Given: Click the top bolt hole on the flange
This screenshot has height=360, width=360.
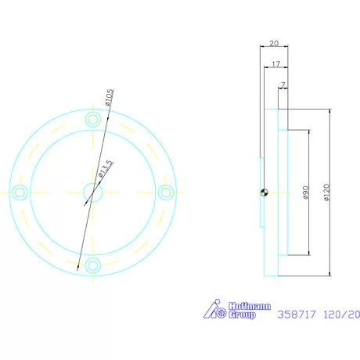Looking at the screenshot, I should point(94,119).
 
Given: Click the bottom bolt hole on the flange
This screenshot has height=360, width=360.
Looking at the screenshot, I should point(94,265).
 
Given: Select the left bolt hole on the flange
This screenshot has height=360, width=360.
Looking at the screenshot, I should point(21,192).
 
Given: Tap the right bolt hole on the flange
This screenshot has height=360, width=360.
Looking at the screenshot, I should point(165,192).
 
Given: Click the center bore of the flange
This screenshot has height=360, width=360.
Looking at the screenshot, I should point(92,192).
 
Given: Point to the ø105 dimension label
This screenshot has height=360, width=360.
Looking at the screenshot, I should point(110,98).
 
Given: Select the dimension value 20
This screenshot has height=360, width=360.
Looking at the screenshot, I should point(273,45).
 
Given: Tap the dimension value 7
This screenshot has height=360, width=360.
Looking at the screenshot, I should point(283,84).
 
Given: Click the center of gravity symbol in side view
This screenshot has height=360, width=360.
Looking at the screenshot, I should point(265,192).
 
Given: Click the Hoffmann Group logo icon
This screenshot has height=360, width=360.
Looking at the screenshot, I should point(215,310).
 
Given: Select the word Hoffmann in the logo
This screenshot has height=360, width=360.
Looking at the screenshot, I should point(246,306).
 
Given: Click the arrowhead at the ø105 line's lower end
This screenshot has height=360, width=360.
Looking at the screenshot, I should point(79,267).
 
